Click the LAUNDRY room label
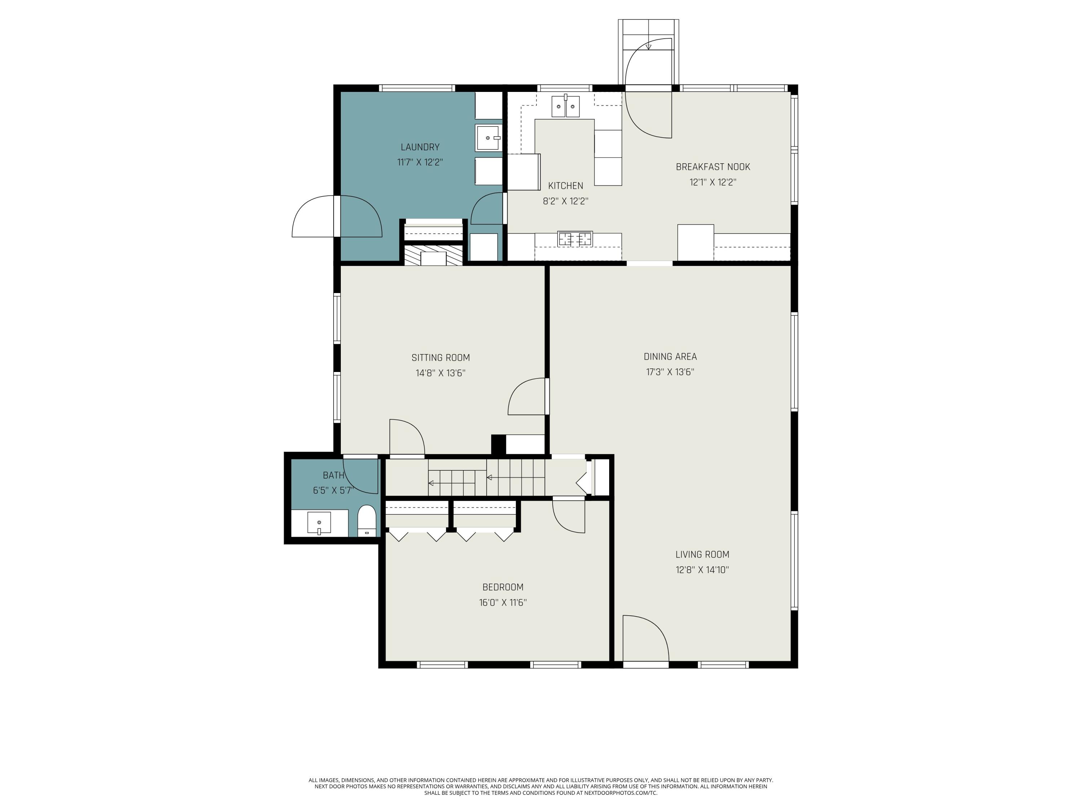coord(420,147)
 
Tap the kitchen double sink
coord(566,107)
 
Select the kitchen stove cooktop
coord(575,239)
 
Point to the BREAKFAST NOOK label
coord(713,167)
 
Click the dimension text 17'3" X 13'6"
coord(670,372)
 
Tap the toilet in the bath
coord(366,521)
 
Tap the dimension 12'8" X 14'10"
coord(702,570)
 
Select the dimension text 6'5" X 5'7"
coord(333,490)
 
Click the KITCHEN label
coord(566,186)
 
